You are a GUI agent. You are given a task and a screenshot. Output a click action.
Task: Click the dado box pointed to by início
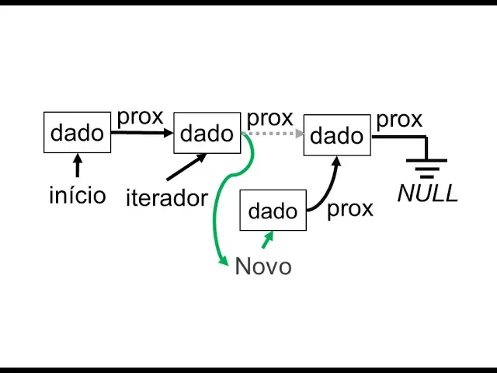[x=77, y=132]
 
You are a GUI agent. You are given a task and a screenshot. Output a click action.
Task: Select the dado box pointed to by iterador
[x=207, y=133]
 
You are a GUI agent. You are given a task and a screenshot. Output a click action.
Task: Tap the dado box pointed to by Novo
[x=273, y=210]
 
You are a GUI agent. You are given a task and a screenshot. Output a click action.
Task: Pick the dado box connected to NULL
[x=336, y=136]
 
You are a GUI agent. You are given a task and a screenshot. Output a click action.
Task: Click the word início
[x=77, y=194]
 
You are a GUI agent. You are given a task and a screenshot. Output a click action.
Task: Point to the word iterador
[x=166, y=197]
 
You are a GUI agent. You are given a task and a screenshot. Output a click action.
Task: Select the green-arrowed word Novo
[x=263, y=267]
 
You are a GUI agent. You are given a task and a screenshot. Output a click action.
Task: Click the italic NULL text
[x=428, y=193]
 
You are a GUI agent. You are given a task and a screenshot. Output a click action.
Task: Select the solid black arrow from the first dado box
[x=141, y=132]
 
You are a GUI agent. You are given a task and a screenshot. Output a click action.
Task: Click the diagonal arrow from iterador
[x=186, y=166]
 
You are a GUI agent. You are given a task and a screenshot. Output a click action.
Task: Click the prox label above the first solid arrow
[x=141, y=117]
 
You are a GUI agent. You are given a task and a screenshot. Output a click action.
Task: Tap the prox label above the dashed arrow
[x=269, y=118]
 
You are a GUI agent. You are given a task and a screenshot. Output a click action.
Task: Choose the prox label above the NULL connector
[x=399, y=120]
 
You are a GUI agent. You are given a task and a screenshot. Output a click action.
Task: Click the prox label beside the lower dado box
[x=350, y=209]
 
